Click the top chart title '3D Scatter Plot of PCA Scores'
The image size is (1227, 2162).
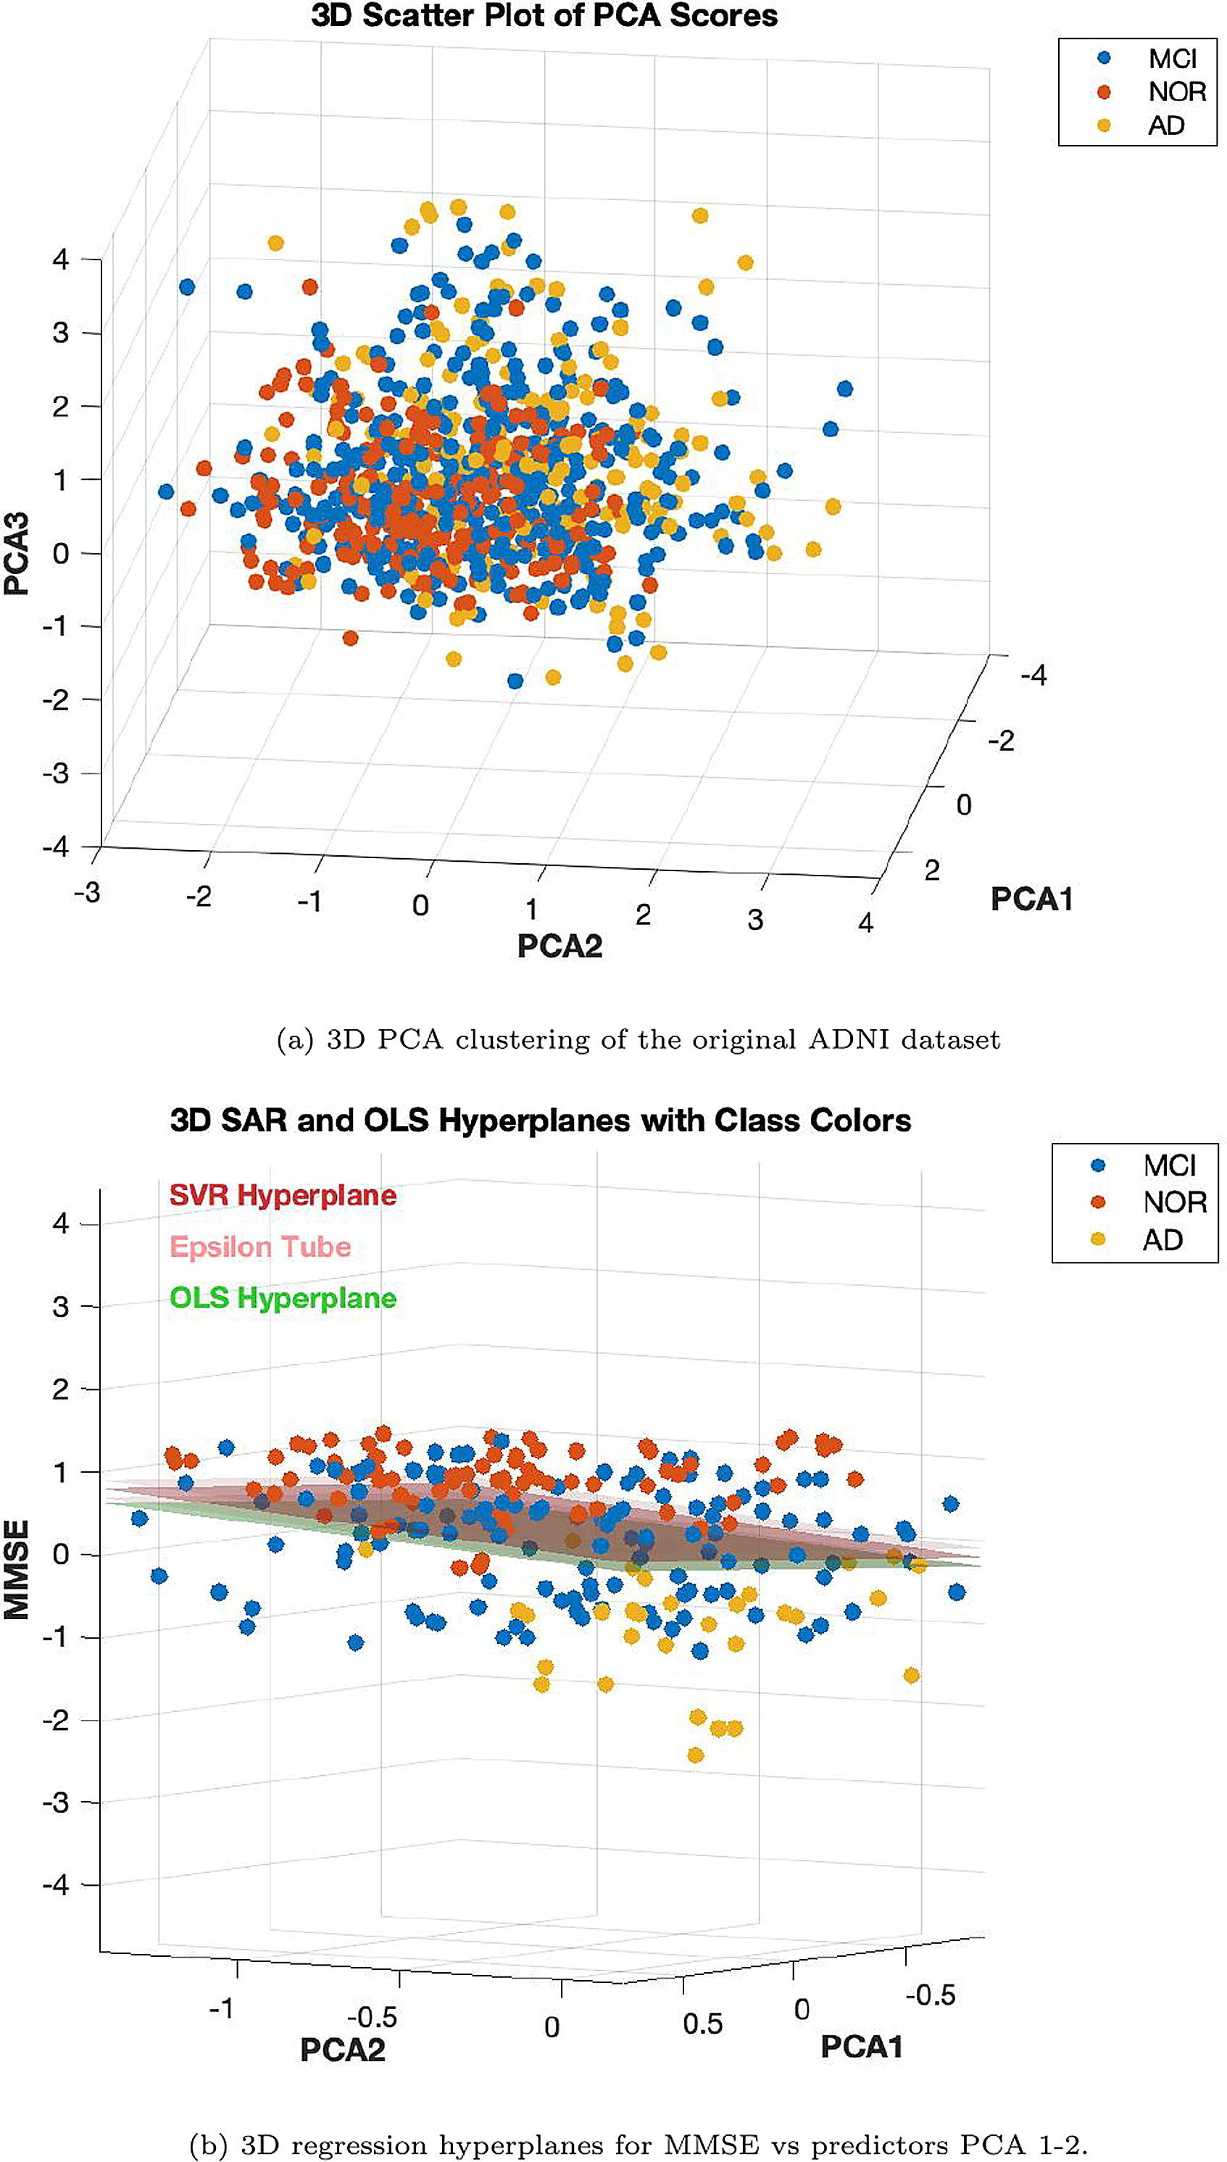tap(544, 16)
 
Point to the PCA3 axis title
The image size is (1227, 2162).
tap(17, 554)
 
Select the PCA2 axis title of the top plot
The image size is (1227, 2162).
tap(560, 945)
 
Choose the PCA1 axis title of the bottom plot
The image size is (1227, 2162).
tap(861, 2047)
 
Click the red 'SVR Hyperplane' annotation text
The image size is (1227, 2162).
tap(283, 1196)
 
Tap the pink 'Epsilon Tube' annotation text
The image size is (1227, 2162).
tap(260, 1247)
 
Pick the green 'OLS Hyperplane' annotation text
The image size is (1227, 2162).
tap(283, 1297)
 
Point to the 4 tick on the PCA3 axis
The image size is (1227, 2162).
tap(61, 259)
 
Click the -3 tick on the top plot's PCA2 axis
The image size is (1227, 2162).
tap(87, 892)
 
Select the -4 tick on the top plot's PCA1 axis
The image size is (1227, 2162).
tap(1033, 675)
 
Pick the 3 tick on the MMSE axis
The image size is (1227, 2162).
tap(61, 1307)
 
